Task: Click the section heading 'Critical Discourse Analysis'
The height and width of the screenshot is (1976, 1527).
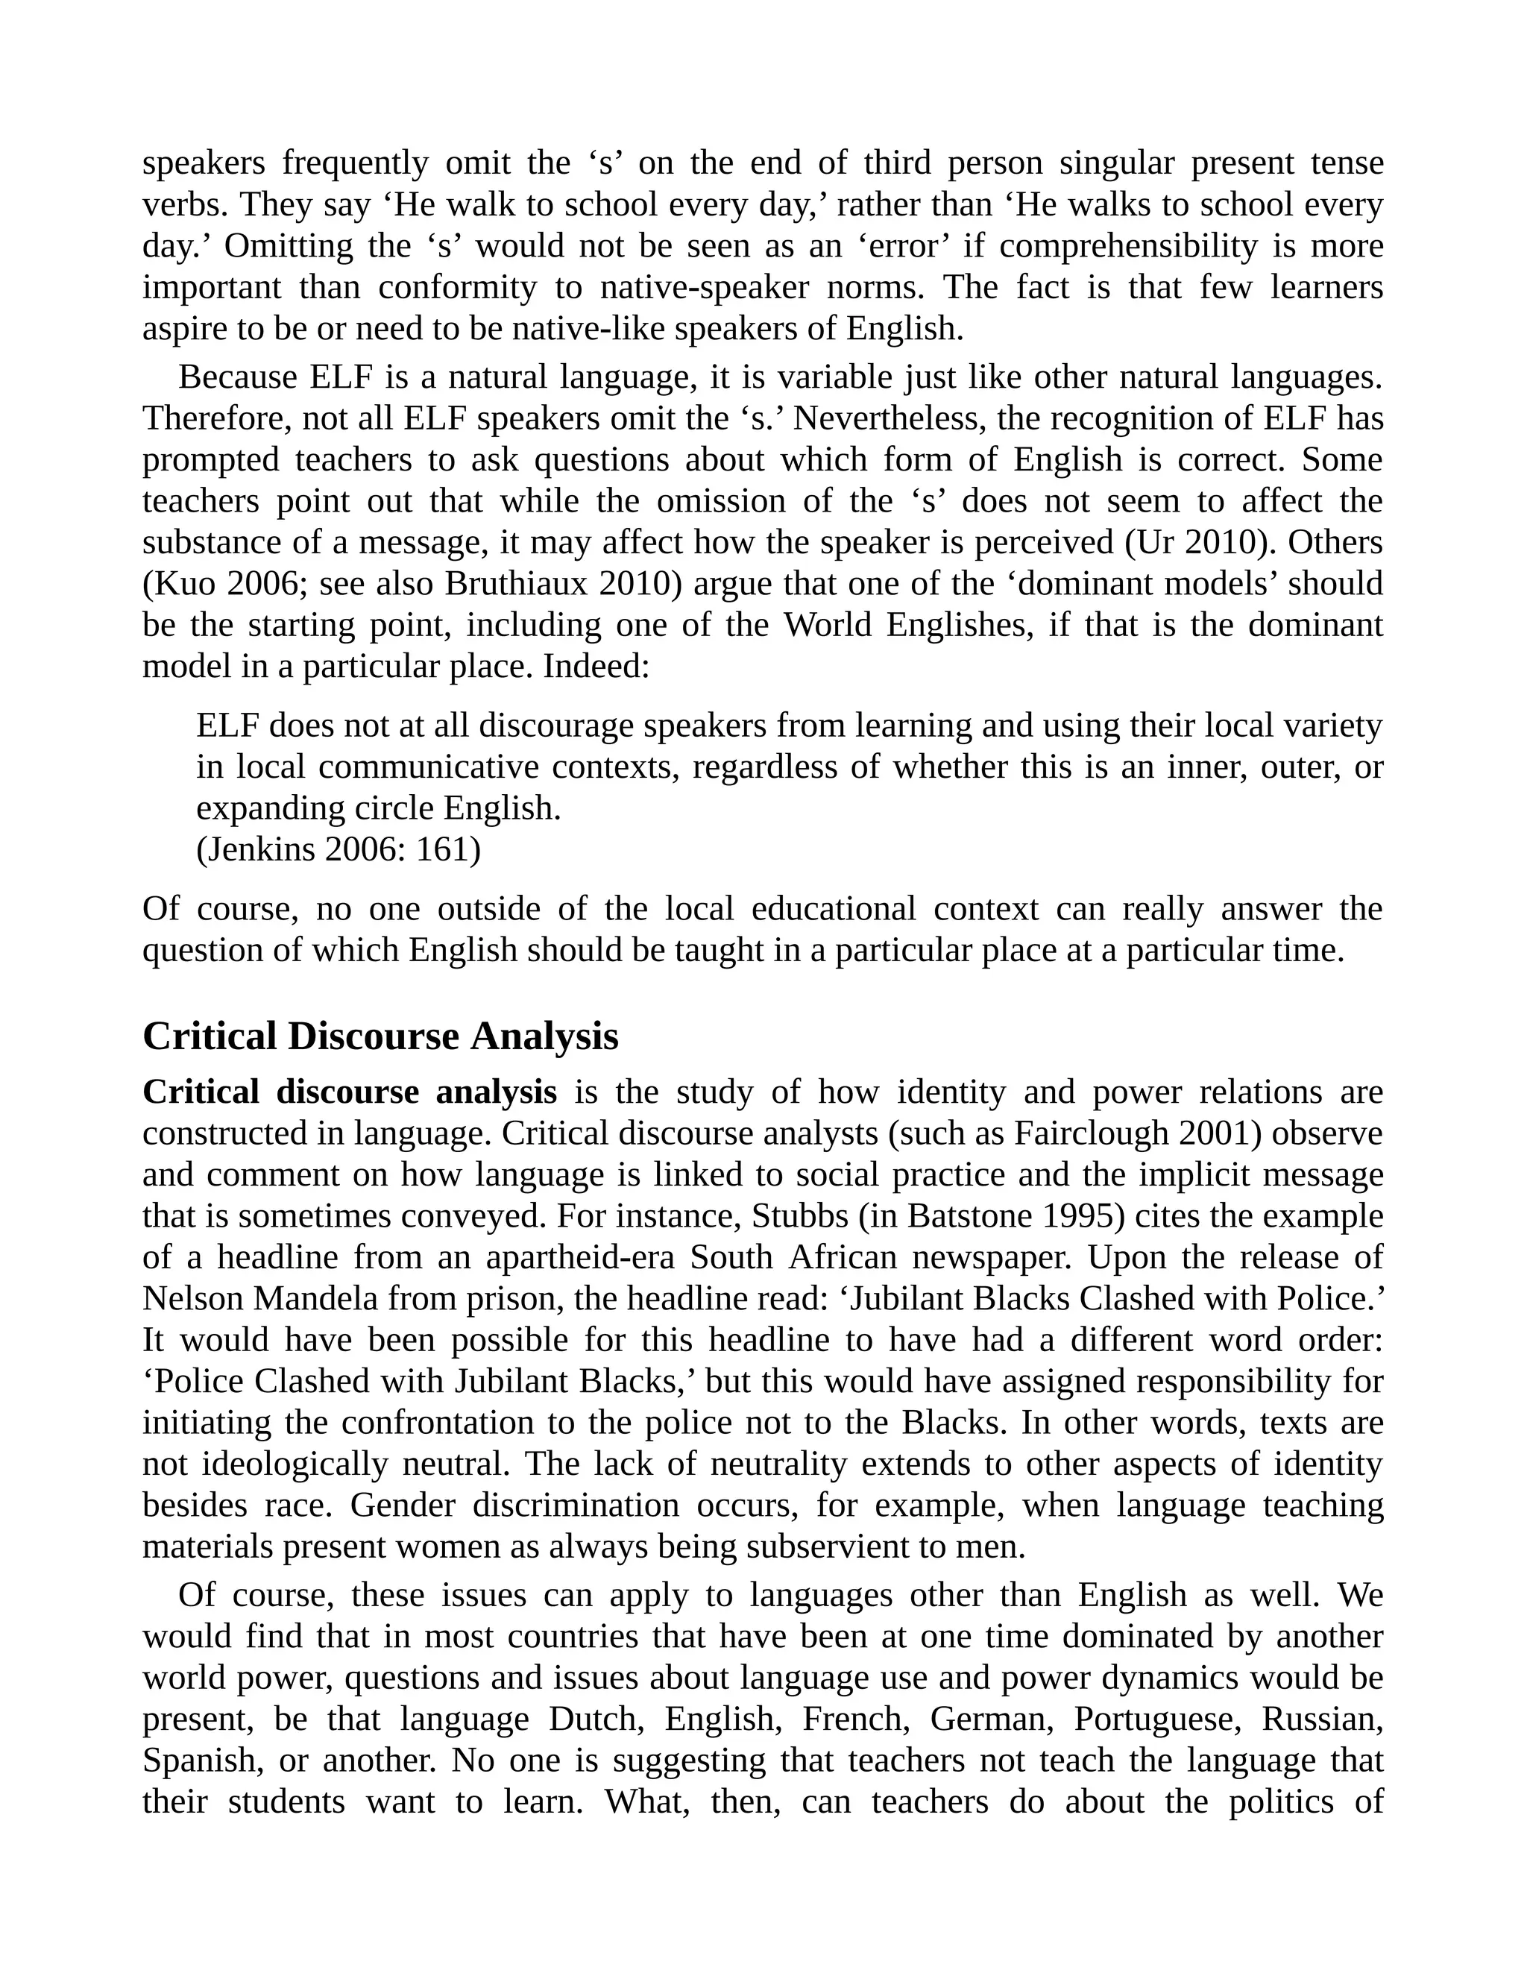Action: click(380, 1036)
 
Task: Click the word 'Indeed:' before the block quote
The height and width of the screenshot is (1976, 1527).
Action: click(596, 667)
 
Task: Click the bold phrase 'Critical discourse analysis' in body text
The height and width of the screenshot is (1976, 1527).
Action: click(349, 1092)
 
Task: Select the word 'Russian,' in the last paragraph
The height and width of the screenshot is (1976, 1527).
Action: click(1322, 1719)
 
